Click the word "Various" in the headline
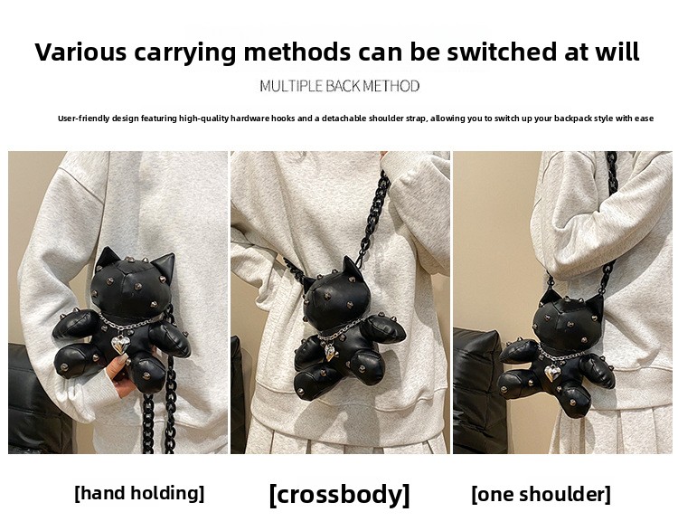point(80,52)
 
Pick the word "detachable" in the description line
point(344,119)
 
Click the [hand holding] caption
point(139,493)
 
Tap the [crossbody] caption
point(339,494)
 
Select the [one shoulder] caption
point(541,494)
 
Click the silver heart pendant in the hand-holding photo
point(119,345)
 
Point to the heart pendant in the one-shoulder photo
point(552,372)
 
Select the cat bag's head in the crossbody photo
point(334,295)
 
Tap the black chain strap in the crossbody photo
point(372,216)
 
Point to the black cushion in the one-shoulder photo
point(480,390)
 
